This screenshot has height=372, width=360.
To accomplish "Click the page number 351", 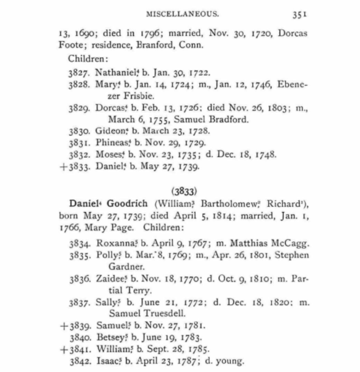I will (300, 14).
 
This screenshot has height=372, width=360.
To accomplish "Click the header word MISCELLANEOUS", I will (183, 14).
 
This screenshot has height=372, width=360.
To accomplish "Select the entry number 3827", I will (79, 73).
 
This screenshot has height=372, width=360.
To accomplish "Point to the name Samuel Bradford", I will (211, 119).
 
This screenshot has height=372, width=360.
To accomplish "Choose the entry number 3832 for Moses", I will (79, 155).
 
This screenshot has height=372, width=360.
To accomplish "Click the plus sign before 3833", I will (64, 167).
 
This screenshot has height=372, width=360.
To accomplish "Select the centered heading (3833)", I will (184, 191).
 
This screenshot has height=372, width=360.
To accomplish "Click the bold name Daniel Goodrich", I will (108, 204).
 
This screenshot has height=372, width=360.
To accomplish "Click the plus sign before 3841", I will (64, 349).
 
